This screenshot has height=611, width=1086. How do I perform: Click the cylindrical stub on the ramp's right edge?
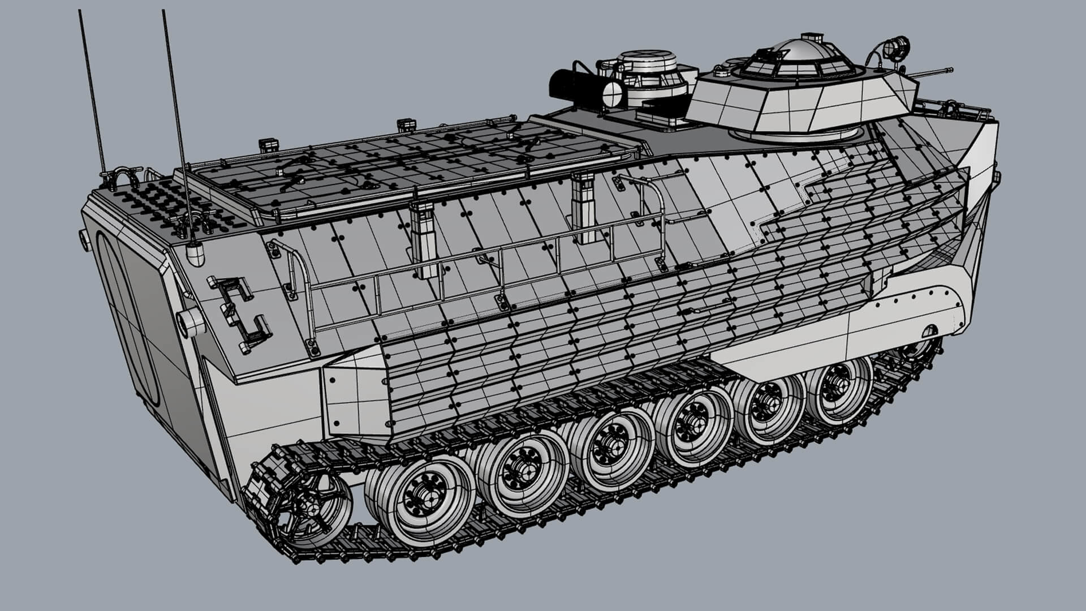click(188, 322)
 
